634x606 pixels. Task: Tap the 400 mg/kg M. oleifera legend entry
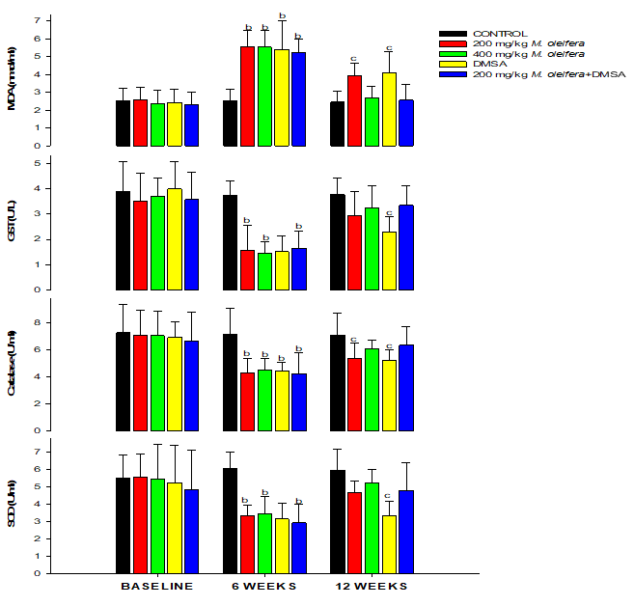point(520,53)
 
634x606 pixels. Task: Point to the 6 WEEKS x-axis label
point(264,587)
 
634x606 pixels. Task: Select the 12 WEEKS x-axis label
point(372,587)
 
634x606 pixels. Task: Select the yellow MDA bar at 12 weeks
point(389,109)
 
